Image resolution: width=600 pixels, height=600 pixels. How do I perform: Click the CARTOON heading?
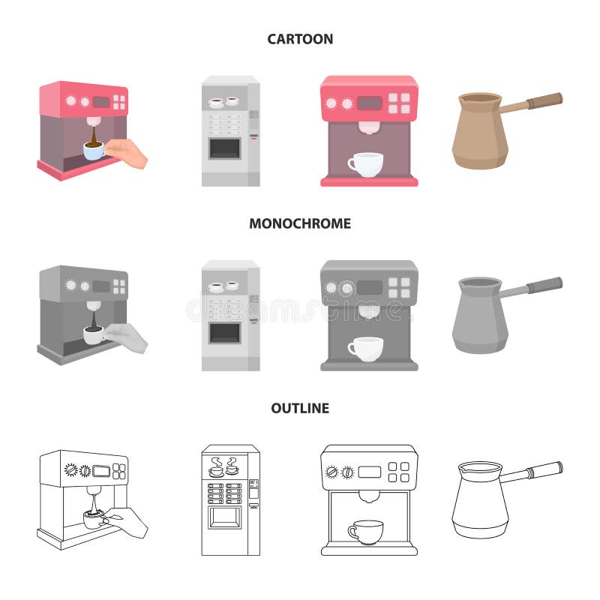300,39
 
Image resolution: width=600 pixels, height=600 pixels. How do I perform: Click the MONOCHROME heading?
300,223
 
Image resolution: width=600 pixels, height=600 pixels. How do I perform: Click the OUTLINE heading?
300,409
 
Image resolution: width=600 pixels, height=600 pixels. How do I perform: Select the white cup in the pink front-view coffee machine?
365,163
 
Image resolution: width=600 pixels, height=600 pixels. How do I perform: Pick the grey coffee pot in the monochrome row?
479,315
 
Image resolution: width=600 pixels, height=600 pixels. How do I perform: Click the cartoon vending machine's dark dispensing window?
225,148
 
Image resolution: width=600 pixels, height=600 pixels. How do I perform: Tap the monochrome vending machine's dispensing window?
225,332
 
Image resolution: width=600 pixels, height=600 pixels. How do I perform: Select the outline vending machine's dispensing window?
225,517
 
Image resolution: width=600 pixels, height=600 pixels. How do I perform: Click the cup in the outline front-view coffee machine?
366,531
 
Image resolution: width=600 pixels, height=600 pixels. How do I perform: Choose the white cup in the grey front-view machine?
365,348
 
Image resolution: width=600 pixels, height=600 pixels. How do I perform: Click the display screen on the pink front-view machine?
369,103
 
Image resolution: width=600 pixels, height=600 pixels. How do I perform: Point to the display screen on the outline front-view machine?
369,472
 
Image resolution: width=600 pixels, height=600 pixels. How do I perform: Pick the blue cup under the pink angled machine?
94,151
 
